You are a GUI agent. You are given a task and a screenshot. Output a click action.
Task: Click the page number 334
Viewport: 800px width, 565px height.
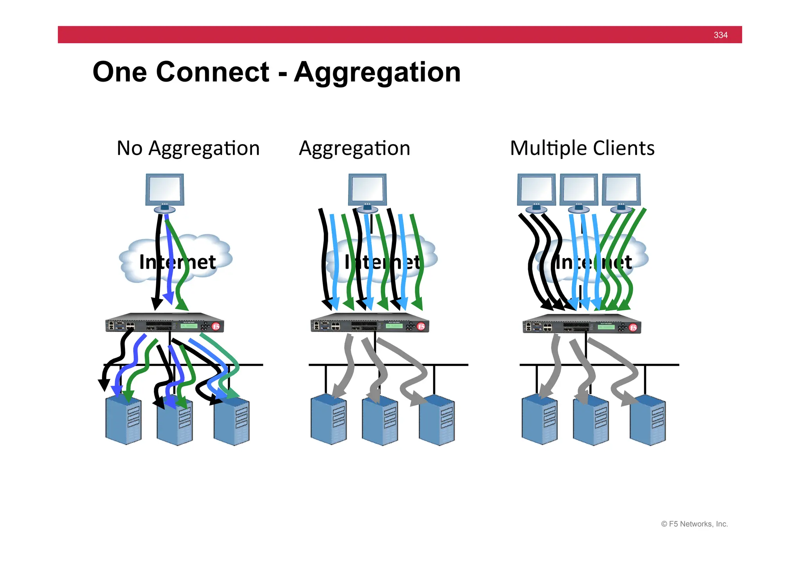[720, 35]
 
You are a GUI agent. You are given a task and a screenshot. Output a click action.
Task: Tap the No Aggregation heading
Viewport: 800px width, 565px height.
[188, 148]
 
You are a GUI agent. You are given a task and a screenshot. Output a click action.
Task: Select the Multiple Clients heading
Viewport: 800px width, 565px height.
[582, 148]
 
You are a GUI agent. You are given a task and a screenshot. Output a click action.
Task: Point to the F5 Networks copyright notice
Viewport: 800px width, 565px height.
[694, 524]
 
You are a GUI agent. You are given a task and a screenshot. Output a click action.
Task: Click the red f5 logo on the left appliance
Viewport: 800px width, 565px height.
[216, 326]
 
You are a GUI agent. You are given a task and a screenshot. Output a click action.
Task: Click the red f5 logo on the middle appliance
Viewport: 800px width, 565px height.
[421, 326]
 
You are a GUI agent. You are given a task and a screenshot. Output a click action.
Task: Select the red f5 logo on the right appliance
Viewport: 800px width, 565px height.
[633, 327]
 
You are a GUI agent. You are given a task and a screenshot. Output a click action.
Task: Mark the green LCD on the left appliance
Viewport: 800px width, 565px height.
[189, 326]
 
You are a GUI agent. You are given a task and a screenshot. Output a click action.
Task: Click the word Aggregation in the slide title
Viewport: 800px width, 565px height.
[377, 73]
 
